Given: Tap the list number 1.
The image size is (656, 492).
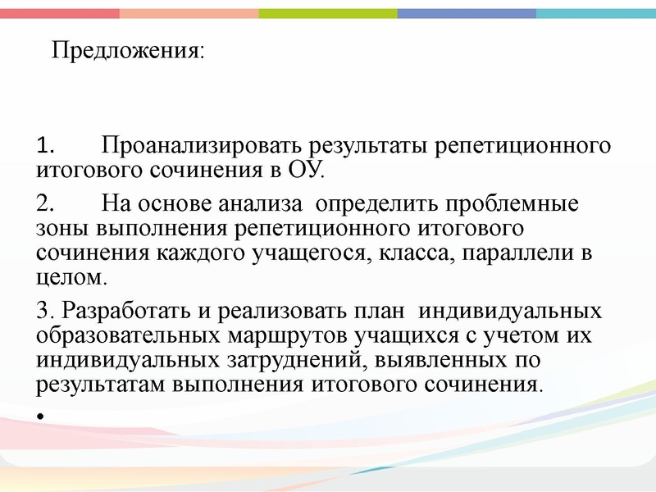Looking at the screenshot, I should click(x=45, y=148).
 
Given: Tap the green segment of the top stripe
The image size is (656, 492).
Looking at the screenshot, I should click(x=328, y=13).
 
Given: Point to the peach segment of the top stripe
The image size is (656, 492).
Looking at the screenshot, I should click(x=189, y=13).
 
